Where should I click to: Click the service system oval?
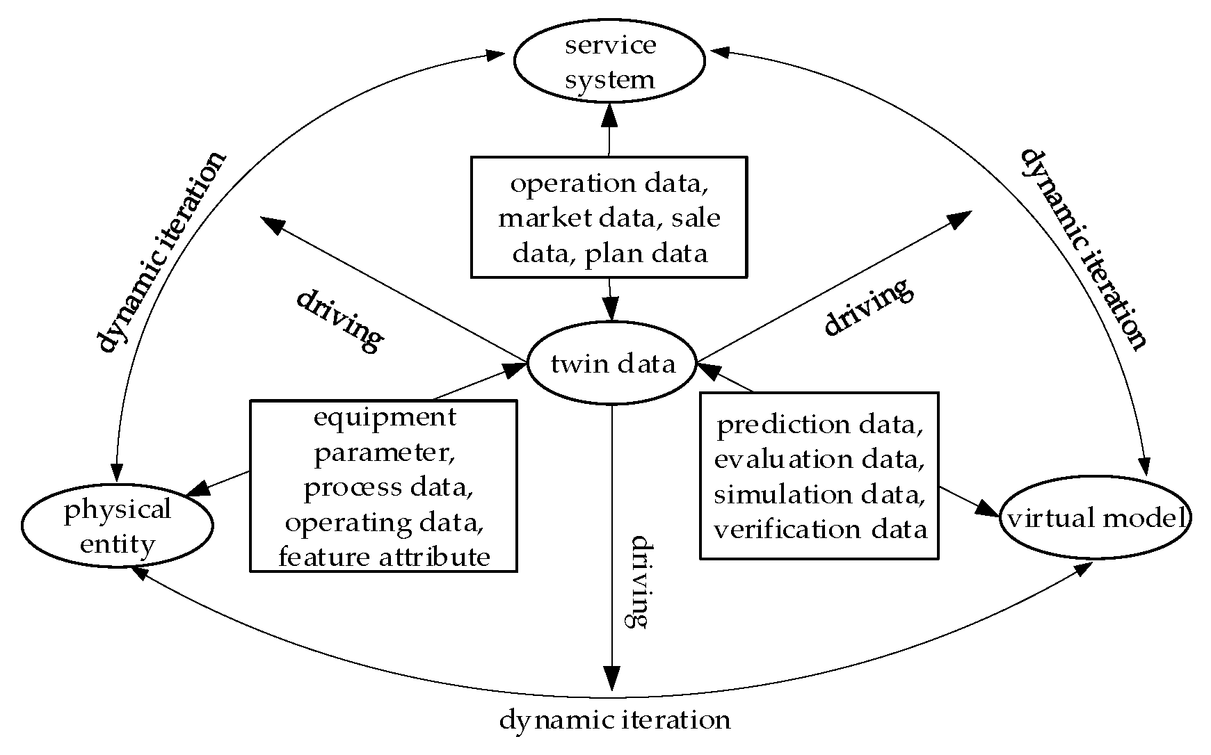pyautogui.click(x=609, y=61)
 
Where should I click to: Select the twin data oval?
pyautogui.click(x=612, y=364)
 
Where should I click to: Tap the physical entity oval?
pyautogui.click(x=117, y=526)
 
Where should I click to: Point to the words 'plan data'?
pyautogui.click(x=645, y=253)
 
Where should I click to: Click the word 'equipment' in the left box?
pyautogui.click(x=385, y=417)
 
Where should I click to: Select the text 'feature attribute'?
pyautogui.click(x=384, y=557)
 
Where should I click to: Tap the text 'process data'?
pyautogui.click(x=388, y=487)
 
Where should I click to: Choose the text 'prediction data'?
pyautogui.click(x=820, y=425)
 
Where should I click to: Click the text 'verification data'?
pyautogui.click(x=820, y=530)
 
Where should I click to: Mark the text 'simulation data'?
pyautogui.click(x=820, y=495)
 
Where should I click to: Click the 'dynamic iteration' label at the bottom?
pyautogui.click(x=615, y=720)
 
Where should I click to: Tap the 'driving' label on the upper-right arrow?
pyautogui.click(x=867, y=307)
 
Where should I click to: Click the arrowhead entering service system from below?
pyautogui.click(x=610, y=113)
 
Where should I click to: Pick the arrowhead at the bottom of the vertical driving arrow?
pyautogui.click(x=611, y=679)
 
